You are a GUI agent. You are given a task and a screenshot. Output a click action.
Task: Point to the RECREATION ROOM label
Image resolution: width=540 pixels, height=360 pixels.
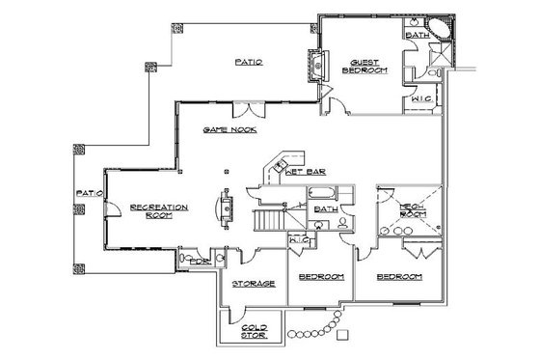159,211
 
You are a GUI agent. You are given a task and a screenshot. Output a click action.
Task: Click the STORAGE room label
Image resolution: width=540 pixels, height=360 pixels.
255,283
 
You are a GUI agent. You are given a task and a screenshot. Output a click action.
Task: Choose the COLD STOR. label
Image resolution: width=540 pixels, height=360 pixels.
255,331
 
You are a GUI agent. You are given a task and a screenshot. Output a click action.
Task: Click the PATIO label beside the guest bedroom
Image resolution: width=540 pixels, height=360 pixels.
250,62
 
